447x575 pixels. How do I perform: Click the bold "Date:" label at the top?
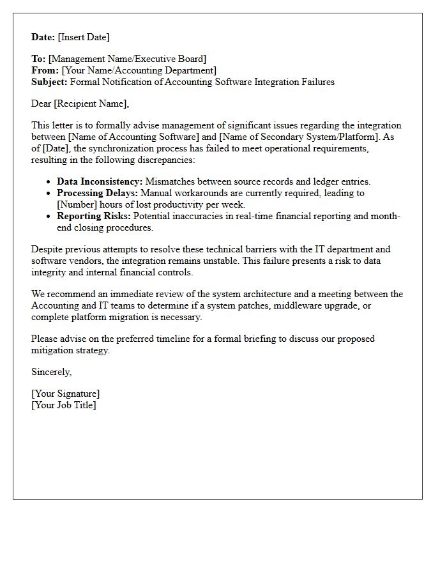click(43, 37)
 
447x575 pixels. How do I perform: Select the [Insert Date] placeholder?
click(84, 37)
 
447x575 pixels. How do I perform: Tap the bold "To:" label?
click(38, 59)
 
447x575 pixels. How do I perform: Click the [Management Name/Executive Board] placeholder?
click(127, 59)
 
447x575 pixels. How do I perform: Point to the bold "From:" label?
click(45, 70)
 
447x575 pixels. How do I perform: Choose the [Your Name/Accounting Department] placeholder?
click(139, 70)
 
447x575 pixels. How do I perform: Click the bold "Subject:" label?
click(49, 82)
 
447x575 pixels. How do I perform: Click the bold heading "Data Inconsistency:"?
click(100, 181)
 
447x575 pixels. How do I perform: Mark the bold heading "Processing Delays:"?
click(97, 193)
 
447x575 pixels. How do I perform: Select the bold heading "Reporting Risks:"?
click(93, 216)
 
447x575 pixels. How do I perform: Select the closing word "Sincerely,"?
click(52, 372)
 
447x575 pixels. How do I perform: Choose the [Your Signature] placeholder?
click(66, 394)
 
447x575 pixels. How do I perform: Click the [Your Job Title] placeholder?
click(64, 405)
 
